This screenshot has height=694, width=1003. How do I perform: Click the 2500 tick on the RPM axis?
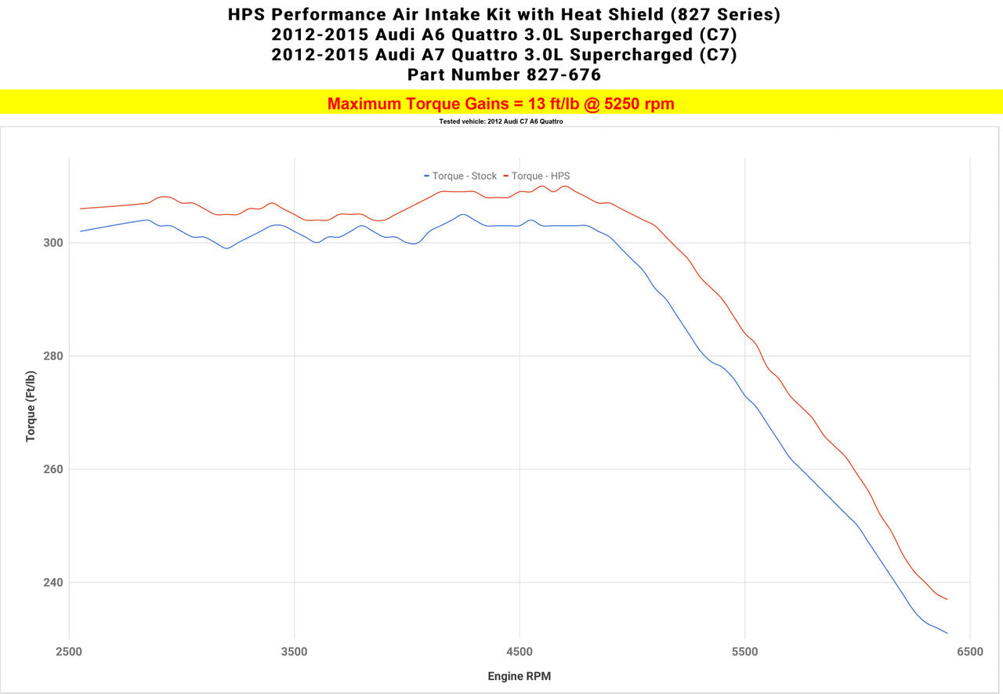70,652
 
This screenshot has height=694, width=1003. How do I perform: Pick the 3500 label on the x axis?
295,652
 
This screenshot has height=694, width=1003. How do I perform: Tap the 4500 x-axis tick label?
520,652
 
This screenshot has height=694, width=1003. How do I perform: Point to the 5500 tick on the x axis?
744,652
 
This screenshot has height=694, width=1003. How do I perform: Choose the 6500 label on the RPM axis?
969,652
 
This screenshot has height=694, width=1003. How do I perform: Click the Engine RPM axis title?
520,676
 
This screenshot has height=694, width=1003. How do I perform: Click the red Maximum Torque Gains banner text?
501,104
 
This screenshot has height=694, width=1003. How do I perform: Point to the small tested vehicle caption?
501,122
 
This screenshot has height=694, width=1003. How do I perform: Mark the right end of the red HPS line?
947,599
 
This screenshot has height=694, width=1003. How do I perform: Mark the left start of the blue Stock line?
81,231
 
